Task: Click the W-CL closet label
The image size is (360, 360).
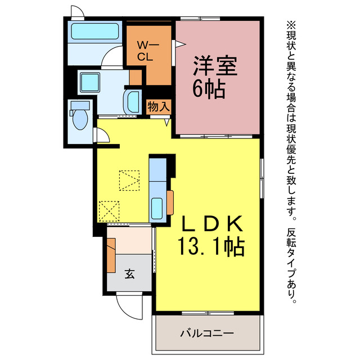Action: pyautogui.click(x=148, y=49)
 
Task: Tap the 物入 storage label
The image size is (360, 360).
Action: pyautogui.click(x=159, y=106)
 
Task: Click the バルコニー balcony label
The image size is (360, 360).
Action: pyautogui.click(x=206, y=333)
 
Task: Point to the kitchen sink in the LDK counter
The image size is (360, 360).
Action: pyautogui.click(x=157, y=208)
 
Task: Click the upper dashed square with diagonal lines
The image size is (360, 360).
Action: pyautogui.click(x=129, y=180)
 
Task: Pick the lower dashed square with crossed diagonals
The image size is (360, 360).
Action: pyautogui.click(x=108, y=211)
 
